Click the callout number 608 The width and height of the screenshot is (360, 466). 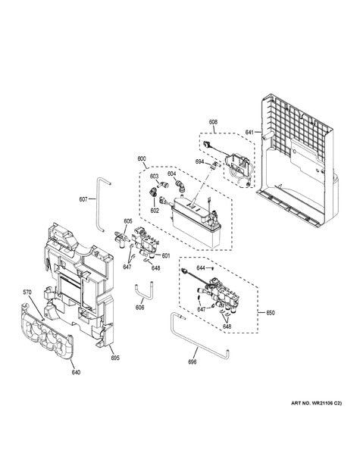(x=213, y=121)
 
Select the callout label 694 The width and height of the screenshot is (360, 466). (x=199, y=162)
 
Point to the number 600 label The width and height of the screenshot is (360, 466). (x=142, y=159)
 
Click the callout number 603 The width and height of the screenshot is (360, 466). (x=154, y=177)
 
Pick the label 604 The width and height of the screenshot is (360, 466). (x=173, y=174)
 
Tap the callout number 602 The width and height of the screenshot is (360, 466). (x=154, y=211)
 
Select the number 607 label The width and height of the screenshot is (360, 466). (x=83, y=200)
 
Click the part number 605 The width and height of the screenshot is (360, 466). (x=128, y=220)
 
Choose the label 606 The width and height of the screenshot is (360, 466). (x=139, y=308)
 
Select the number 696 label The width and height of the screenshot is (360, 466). (x=193, y=363)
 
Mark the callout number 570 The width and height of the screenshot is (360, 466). (x=27, y=292)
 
